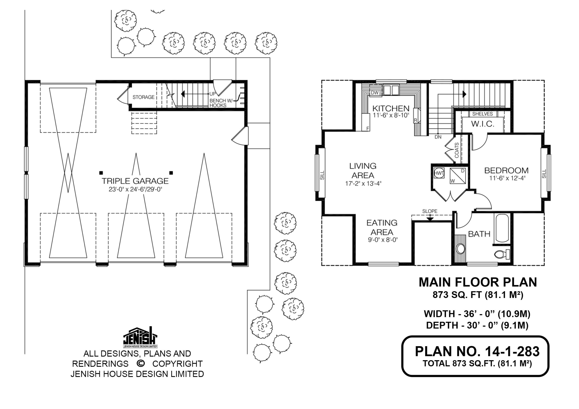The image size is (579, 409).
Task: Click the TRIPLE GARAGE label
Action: pyautogui.click(x=135, y=181)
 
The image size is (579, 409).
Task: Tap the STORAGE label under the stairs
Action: pyautogui.click(x=143, y=97)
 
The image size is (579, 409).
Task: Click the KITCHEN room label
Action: pyautogui.click(x=391, y=109)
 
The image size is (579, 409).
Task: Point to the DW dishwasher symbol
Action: pyautogui.click(x=375, y=93)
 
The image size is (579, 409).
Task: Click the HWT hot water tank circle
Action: pyautogui.click(x=439, y=173)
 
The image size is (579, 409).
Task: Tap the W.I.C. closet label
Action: pyautogui.click(x=483, y=124)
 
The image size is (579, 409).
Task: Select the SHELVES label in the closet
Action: pyautogui.click(x=482, y=114)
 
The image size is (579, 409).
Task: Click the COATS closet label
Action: pyautogui.click(x=457, y=150)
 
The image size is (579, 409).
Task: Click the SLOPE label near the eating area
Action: pyautogui.click(x=430, y=211)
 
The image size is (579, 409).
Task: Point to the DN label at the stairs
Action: pyautogui.click(x=438, y=137)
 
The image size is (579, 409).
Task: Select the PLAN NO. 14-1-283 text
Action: pyautogui.click(x=477, y=352)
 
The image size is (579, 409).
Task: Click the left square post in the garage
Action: pyautogui.click(x=101, y=173)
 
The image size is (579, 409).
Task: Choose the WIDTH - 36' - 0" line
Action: pyautogui.click(x=477, y=314)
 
